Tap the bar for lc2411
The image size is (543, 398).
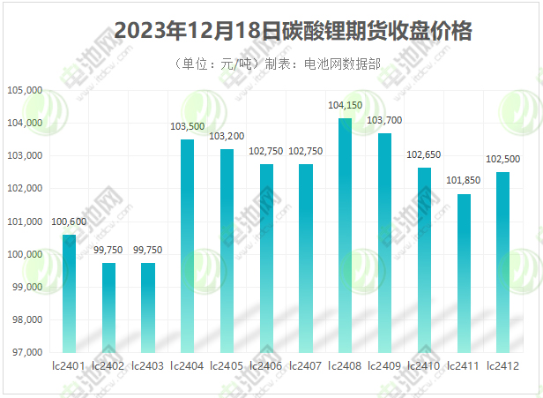[x=464, y=273]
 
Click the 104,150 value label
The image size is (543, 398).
[x=346, y=106]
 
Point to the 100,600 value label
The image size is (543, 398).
[x=69, y=222]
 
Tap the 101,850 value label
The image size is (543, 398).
[x=464, y=182]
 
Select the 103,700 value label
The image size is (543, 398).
[x=385, y=120]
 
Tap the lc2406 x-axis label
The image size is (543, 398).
[x=266, y=365]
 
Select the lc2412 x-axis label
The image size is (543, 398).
[x=503, y=365]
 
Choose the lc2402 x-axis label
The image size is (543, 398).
[x=108, y=365]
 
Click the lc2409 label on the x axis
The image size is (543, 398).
[x=385, y=365]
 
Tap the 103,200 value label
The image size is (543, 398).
[x=227, y=138]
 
